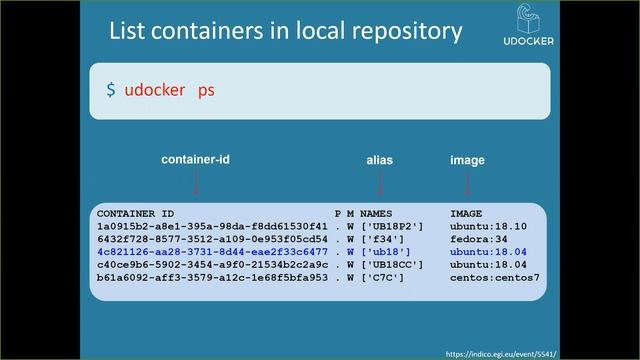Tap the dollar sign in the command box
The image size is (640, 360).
111,90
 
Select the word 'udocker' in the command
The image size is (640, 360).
155,90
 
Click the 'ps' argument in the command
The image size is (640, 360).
206,90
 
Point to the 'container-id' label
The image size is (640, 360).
195,160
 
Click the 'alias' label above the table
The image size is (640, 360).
380,160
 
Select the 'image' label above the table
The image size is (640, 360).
467,160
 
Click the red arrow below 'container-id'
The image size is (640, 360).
196,182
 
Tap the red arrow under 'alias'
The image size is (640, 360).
380,182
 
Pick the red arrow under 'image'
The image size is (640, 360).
467,182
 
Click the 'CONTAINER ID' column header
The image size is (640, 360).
135,214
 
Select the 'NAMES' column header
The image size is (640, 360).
376,214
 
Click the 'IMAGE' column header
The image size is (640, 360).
466,214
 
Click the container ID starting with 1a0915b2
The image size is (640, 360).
212,227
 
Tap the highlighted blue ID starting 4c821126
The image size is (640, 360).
212,252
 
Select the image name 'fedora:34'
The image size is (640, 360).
477,240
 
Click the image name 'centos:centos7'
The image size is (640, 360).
494,278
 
